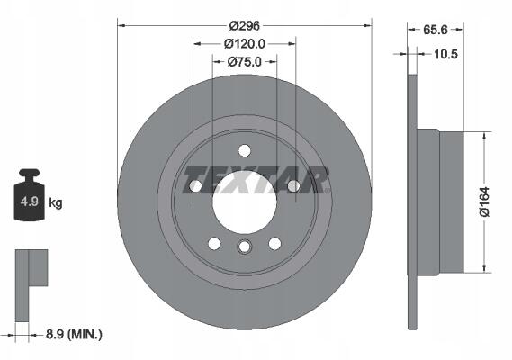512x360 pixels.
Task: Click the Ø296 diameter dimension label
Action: tap(244, 25)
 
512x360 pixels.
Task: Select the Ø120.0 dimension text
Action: tap(244, 44)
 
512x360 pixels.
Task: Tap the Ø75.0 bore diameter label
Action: tap(244, 62)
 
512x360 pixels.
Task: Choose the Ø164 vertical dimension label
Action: tap(484, 202)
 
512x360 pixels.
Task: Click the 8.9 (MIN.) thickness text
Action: tap(74, 334)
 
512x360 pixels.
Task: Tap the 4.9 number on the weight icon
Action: tap(30, 202)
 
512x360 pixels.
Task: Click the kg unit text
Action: tap(55, 202)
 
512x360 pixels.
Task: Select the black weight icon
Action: tap(30, 194)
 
